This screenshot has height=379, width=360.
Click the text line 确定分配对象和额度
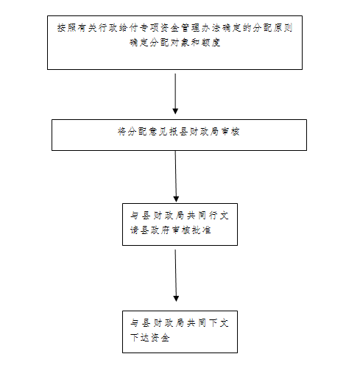click(x=175, y=43)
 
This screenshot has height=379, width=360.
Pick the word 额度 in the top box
click(x=211, y=43)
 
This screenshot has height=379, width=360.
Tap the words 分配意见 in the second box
click(x=147, y=132)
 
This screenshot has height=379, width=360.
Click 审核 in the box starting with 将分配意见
click(x=230, y=132)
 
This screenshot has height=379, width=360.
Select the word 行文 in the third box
click(x=219, y=216)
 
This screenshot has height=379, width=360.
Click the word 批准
click(x=201, y=230)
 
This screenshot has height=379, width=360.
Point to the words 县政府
click(x=155, y=230)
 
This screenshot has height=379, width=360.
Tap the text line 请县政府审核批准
click(x=171, y=230)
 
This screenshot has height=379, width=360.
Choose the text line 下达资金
click(x=150, y=338)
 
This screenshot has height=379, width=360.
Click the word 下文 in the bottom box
click(x=219, y=323)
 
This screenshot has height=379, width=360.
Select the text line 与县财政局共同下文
click(x=180, y=323)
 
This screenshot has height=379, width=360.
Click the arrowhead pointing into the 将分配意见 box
click(x=175, y=111)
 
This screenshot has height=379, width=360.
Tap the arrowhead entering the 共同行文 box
click(x=176, y=199)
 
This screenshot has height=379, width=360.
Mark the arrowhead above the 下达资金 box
click(x=176, y=299)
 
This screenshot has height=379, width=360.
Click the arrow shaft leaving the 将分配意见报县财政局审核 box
click(x=176, y=174)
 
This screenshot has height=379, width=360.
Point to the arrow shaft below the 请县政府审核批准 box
click(x=176, y=273)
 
